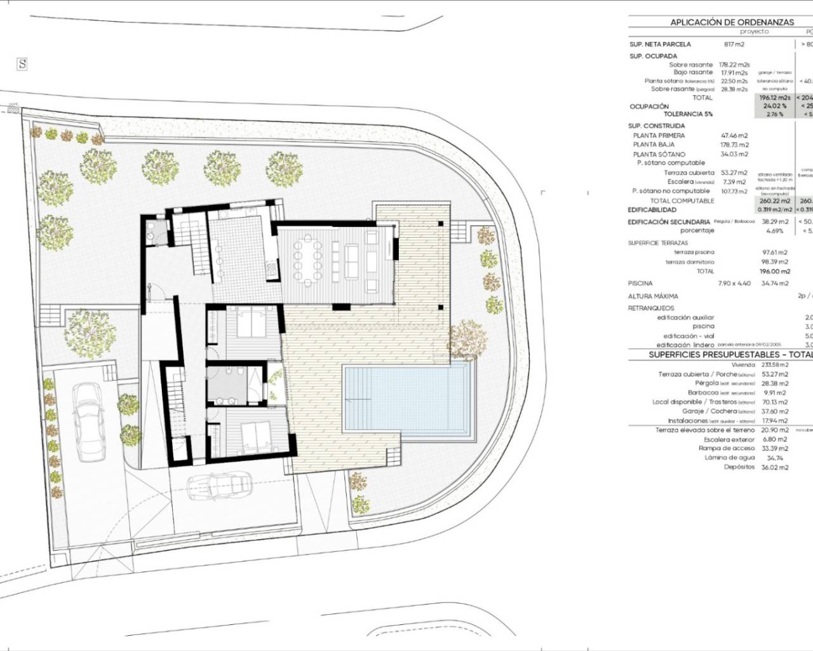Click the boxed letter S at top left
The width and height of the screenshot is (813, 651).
pos(23,64)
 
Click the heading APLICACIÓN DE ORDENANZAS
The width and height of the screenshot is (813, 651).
pos(732,22)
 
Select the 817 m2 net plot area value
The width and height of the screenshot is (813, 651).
pos(734,45)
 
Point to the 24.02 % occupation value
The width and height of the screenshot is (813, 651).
pos(774,106)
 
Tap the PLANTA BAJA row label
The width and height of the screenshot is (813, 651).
pos(654,145)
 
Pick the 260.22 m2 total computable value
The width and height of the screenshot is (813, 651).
pos(774,201)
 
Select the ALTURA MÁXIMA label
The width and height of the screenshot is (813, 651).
pos(653,296)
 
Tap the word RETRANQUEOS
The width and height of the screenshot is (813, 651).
pos(651,308)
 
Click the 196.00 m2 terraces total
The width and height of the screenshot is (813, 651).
pos(774,271)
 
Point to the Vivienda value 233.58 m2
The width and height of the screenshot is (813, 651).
pos(774,365)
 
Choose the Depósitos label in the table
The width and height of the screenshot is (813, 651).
pos(739,467)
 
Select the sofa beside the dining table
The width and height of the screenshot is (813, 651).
pos(353,260)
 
